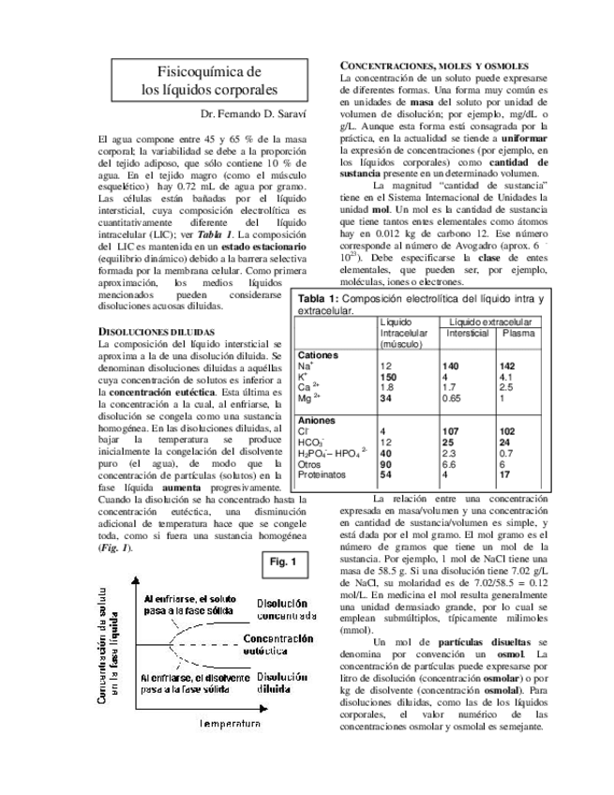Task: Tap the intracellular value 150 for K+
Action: tap(388, 377)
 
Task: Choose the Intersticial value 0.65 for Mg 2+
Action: tap(454, 397)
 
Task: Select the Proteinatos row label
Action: tap(322, 474)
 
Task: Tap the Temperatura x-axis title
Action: tap(230, 725)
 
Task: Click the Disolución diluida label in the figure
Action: tap(281, 682)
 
